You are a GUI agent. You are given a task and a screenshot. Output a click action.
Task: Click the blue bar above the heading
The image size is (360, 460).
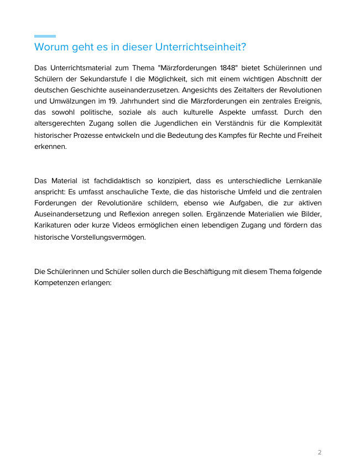tap(45, 36)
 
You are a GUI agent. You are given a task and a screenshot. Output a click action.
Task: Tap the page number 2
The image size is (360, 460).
tap(320, 452)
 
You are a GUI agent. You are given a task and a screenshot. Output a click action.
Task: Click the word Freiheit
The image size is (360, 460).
tap(307, 135)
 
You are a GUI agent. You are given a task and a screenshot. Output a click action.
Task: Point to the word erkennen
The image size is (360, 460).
tap(49, 147)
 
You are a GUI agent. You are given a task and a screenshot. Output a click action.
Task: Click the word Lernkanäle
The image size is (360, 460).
tap(300, 181)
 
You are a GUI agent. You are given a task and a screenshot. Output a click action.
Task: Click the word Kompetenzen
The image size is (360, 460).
tap(61, 282)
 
